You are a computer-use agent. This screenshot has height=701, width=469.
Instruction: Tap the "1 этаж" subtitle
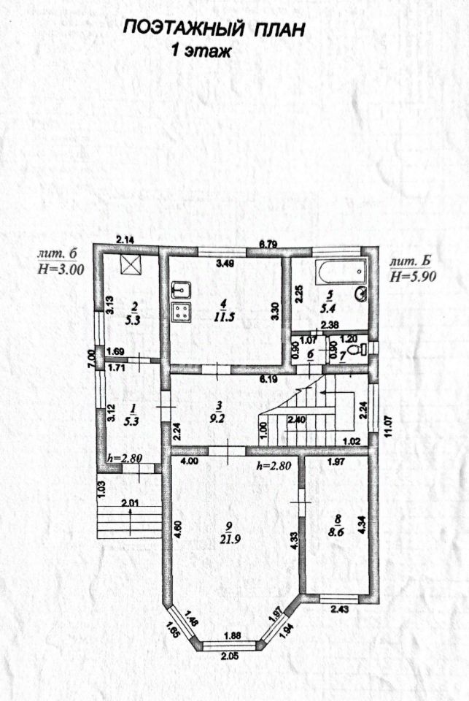point(201,50)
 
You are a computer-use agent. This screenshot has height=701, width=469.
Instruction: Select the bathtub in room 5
point(340,272)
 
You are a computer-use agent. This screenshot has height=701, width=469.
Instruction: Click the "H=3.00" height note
point(61,269)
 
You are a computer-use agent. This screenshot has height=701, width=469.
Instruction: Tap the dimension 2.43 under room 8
point(341,608)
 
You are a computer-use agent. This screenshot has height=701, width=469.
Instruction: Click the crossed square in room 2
point(131,264)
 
